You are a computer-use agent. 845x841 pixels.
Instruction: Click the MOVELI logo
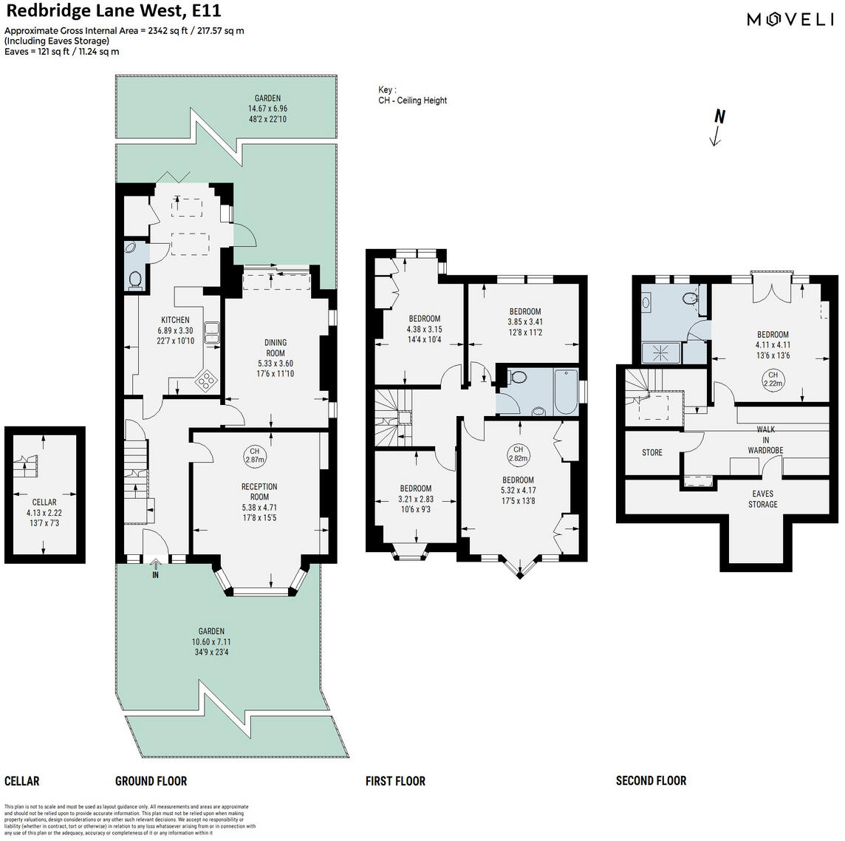(x=790, y=20)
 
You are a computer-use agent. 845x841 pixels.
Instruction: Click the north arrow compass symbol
(x=716, y=127)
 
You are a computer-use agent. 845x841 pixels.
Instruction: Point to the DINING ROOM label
(x=276, y=347)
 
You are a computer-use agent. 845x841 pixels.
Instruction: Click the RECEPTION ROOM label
(x=259, y=491)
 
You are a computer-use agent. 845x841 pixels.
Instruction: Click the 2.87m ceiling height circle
(x=254, y=455)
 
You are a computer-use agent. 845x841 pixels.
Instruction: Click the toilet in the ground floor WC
(x=135, y=279)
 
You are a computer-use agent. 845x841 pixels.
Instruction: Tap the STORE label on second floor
(x=652, y=452)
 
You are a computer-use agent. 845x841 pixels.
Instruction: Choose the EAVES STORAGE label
(x=763, y=499)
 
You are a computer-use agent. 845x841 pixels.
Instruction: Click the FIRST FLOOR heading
(x=395, y=780)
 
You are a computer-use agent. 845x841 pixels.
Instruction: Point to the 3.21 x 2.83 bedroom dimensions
(x=416, y=499)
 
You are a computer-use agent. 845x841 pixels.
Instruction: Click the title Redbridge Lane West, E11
(x=113, y=11)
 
